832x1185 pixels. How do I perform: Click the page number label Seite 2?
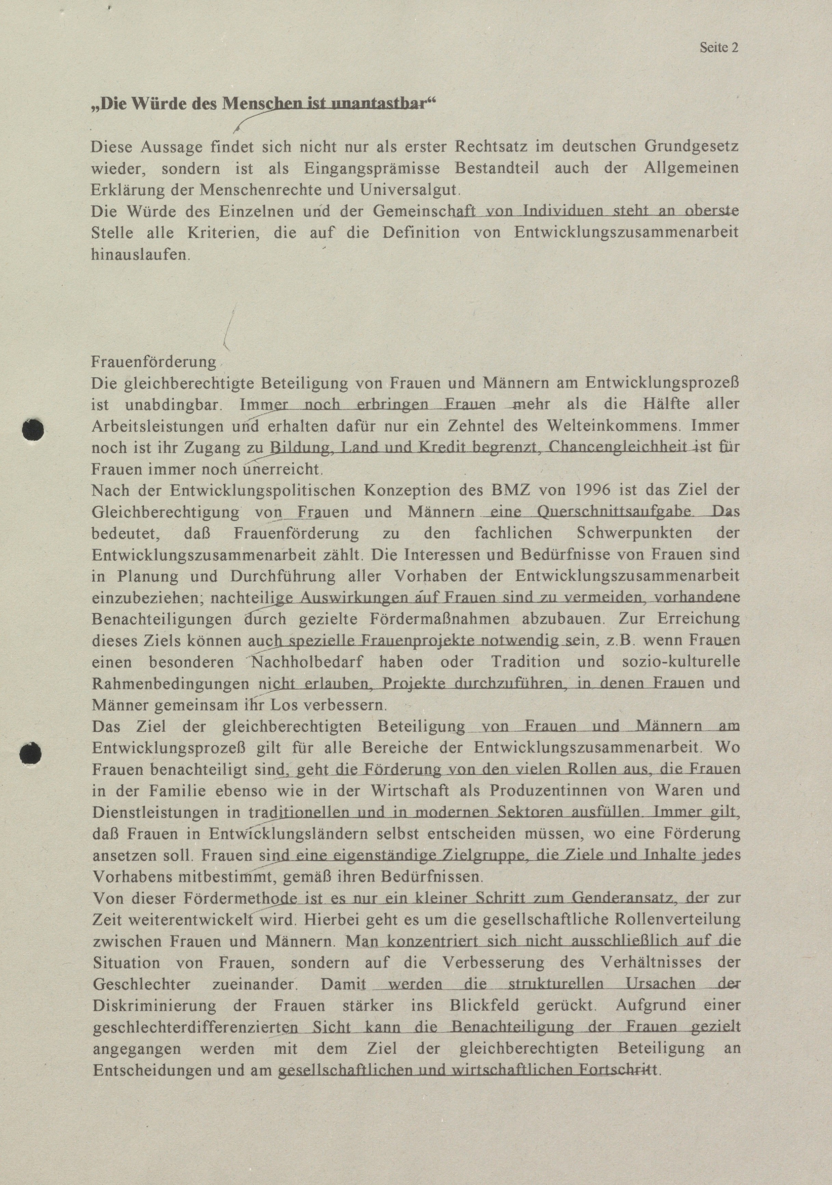coord(719,48)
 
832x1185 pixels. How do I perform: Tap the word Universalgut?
coord(409,190)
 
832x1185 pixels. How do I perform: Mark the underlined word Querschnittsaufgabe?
coord(615,512)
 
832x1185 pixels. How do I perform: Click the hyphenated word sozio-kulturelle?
coord(687,662)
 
